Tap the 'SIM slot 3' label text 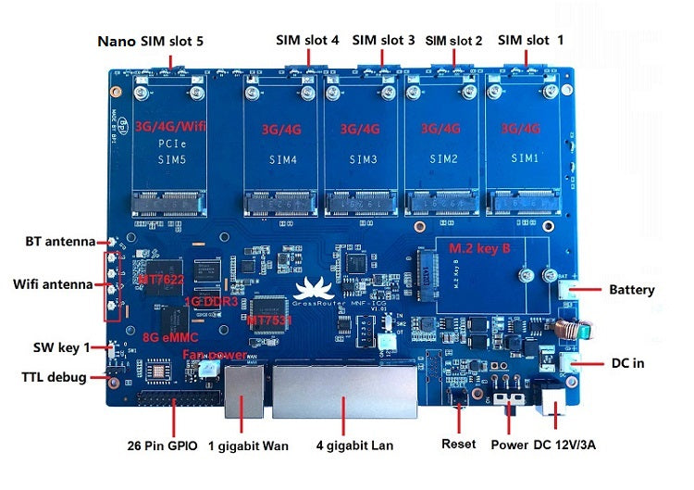coord(383,40)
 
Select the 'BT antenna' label coord(60,242)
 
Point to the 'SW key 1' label coord(61,347)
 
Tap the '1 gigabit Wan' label coord(248,446)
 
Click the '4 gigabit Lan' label coord(355,446)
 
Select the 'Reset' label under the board coord(459,444)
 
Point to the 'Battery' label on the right coord(631,290)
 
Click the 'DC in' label coord(626,363)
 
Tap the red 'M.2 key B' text coord(479,249)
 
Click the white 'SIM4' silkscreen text coord(283,159)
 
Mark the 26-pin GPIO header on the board coord(176,402)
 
